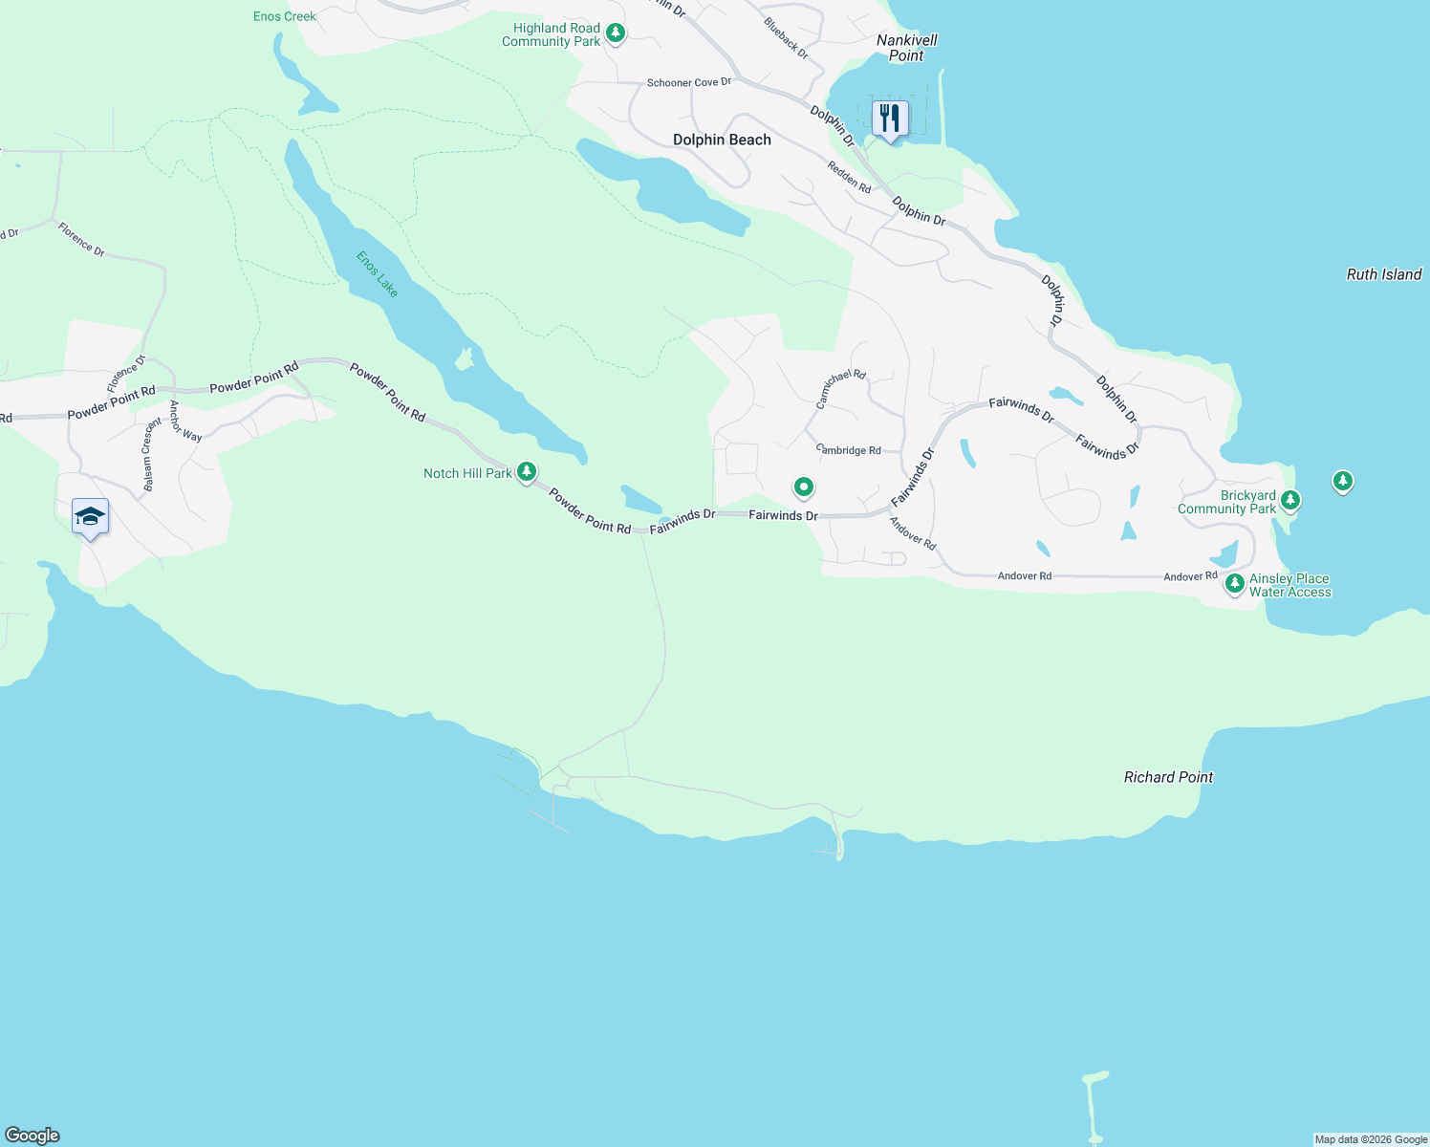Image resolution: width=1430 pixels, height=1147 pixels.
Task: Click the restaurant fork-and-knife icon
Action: (x=890, y=119)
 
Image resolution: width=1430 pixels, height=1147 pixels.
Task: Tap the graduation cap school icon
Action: (x=90, y=517)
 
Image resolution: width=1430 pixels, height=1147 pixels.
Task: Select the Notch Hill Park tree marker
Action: (x=527, y=471)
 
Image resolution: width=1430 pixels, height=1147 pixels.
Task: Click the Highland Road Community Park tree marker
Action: (x=617, y=33)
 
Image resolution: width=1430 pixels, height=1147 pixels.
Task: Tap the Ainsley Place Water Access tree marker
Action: (x=1234, y=582)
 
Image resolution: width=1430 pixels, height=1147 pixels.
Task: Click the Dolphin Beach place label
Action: (x=722, y=140)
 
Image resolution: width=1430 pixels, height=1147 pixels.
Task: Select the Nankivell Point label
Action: (x=906, y=48)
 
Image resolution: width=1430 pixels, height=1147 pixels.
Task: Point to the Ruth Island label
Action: (x=1383, y=274)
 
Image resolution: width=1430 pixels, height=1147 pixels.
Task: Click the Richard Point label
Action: (x=1168, y=777)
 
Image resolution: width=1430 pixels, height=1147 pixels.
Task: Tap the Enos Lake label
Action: (x=377, y=274)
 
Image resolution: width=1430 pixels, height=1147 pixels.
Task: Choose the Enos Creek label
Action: (x=285, y=16)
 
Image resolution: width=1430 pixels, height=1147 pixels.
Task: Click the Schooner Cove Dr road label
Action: (x=688, y=83)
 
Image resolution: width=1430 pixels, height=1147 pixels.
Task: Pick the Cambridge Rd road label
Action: (x=849, y=449)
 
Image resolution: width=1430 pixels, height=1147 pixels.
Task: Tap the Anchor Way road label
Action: (x=184, y=422)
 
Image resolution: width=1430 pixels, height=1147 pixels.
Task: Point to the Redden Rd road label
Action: (x=849, y=177)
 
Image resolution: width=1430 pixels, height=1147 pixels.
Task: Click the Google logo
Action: (x=32, y=1136)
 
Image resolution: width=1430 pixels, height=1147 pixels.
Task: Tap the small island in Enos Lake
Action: (x=465, y=359)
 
